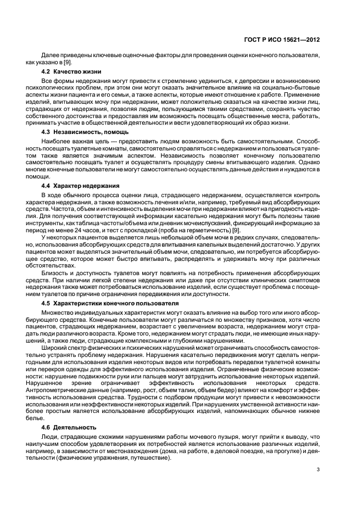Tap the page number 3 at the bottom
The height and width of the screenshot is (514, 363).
pos(319,469)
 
